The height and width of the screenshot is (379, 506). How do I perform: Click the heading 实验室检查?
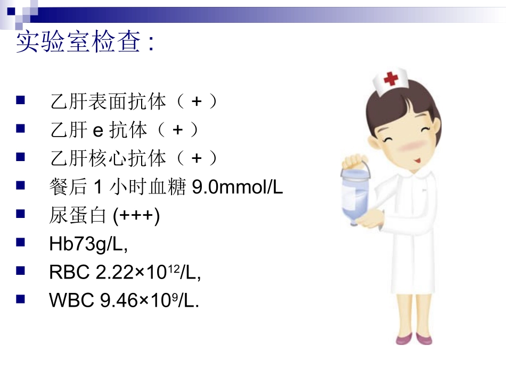pyautogui.click(x=80, y=43)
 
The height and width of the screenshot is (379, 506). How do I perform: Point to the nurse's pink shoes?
pyautogui.click(x=414, y=338)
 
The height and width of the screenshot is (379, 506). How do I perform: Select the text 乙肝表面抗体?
pyautogui.click(x=108, y=101)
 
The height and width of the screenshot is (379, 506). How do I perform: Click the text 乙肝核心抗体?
pyautogui.click(x=108, y=158)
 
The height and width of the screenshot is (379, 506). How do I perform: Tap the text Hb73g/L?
pyautogui.click(x=88, y=245)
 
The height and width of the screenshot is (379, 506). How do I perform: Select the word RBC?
pyautogui.click(x=69, y=273)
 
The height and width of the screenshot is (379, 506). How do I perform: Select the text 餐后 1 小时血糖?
pyautogui.click(x=116, y=187)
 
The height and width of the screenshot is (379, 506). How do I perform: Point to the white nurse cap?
pyautogui.click(x=390, y=81)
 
